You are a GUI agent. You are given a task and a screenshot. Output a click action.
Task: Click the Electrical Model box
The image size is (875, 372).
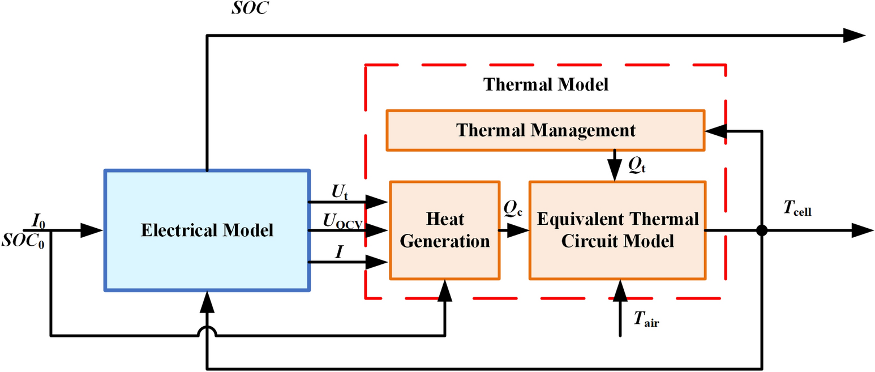tap(207, 230)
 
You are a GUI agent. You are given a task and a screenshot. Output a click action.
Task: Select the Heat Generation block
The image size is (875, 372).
tap(445, 230)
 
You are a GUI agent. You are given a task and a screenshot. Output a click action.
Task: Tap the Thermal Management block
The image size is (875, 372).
tap(546, 130)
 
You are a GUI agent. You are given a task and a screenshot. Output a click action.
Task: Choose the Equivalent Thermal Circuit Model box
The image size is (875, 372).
tap(617, 230)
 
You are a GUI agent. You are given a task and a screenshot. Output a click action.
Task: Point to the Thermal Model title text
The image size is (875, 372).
tap(545, 85)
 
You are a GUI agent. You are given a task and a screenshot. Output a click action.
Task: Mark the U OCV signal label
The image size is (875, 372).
tap(343, 220)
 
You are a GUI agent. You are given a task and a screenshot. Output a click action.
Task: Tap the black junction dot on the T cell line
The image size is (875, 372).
tap(761, 230)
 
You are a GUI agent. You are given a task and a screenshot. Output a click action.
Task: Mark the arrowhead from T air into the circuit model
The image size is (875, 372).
tap(620, 290)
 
